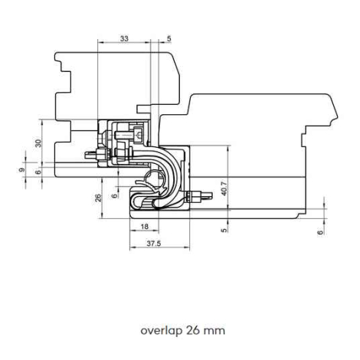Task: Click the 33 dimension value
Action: (124, 38)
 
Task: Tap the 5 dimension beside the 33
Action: (169, 39)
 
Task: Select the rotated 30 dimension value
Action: (38, 143)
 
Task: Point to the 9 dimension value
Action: (22, 169)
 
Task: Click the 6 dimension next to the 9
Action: (38, 172)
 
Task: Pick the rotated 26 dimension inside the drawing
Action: (98, 198)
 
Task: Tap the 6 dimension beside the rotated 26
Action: (115, 195)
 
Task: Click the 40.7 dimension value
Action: (224, 188)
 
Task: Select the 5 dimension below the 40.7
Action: (224, 230)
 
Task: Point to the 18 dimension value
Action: (145, 227)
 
